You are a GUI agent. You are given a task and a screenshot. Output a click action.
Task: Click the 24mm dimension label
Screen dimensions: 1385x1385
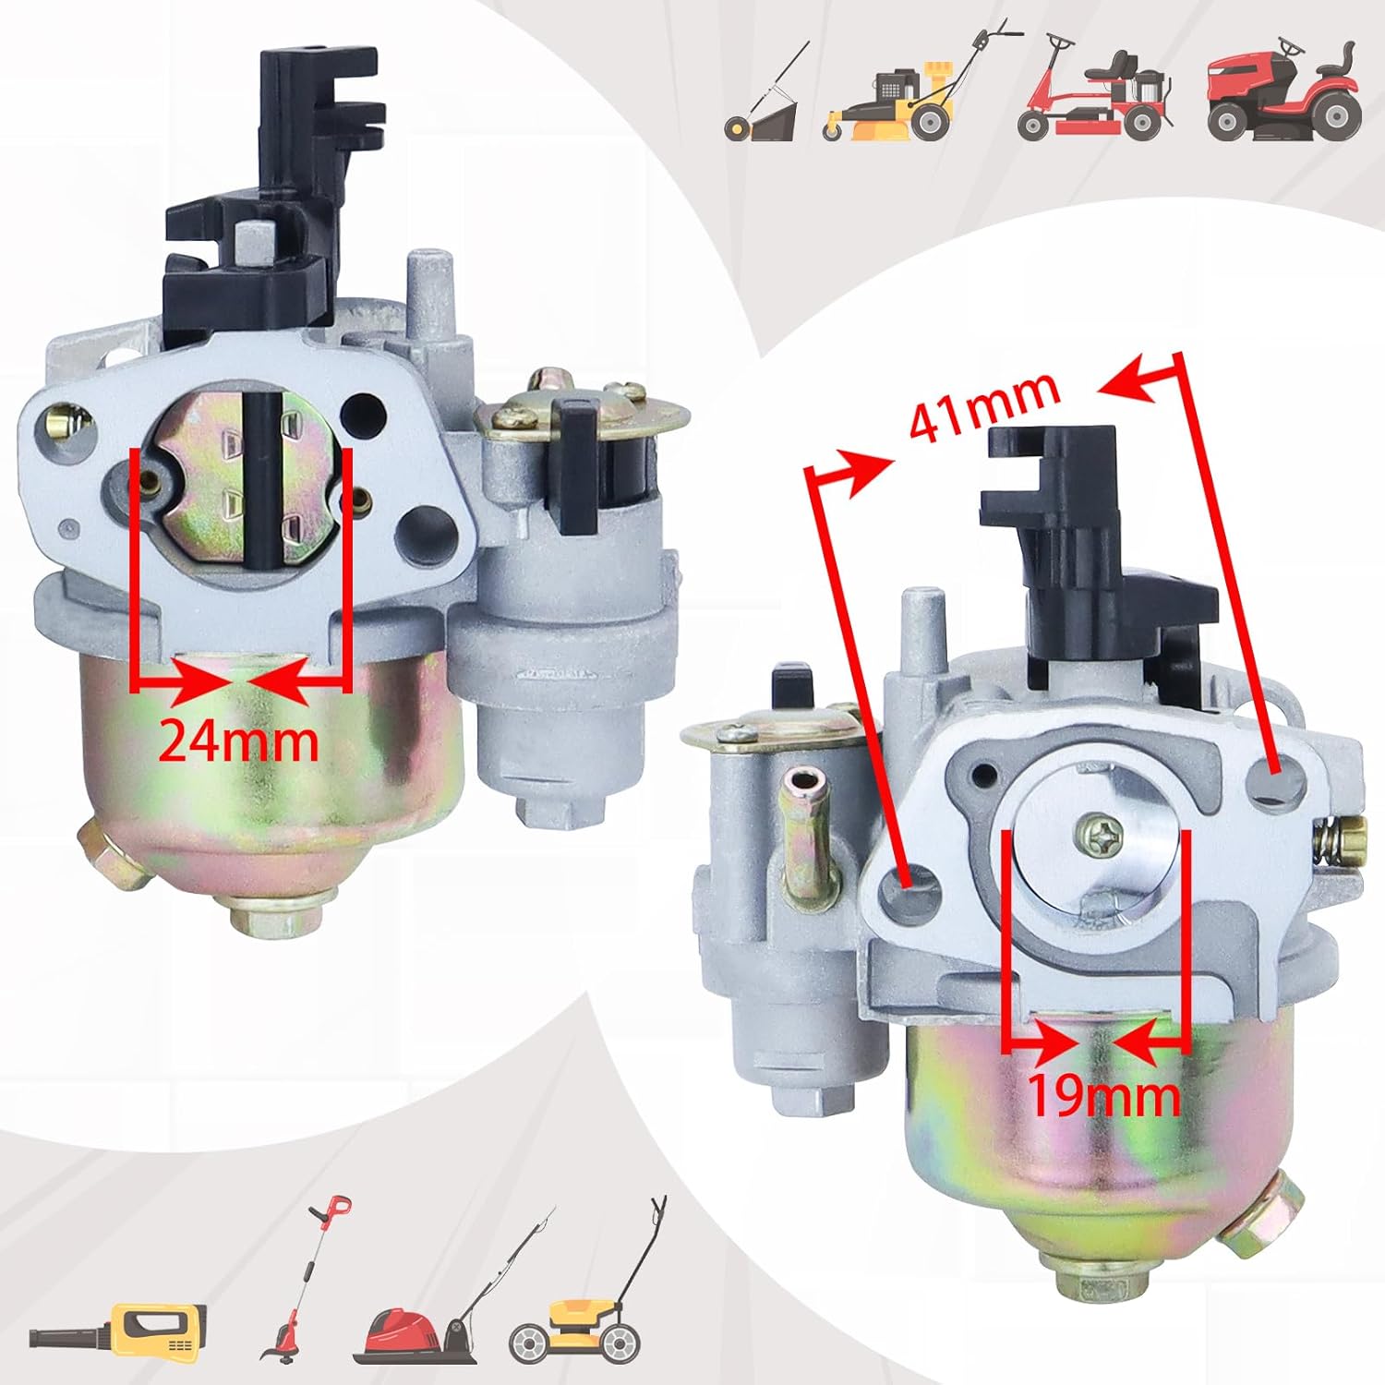238,741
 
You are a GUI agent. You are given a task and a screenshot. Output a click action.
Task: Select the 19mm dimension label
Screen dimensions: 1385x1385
1103,1096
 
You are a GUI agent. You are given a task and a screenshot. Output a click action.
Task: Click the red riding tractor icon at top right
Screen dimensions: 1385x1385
1284,92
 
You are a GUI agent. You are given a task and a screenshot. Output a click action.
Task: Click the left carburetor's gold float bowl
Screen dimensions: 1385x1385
268,766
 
